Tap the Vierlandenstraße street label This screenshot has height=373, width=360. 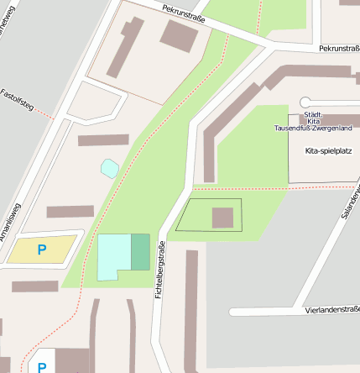[x=332, y=310]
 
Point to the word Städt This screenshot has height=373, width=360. [x=312, y=113]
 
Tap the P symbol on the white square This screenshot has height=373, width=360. [x=42, y=366]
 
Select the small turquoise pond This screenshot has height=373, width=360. [x=110, y=168]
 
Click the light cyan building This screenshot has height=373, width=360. [x=114, y=256]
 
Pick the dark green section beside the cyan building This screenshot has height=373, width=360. [x=140, y=252]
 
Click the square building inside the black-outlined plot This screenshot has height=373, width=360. [x=222, y=218]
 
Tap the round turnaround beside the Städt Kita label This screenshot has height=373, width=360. [x=305, y=102]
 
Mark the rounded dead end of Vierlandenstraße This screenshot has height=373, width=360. [x=234, y=312]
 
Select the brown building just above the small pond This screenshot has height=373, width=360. [x=103, y=140]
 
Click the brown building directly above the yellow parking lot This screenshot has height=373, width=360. [x=70, y=212]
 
